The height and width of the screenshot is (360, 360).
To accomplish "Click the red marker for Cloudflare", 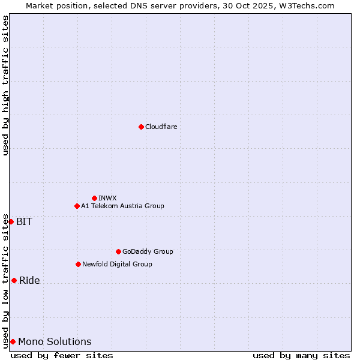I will tap(141, 127).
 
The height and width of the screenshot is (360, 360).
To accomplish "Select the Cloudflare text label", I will tap(161, 127).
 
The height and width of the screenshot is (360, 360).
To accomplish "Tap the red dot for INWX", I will tap(94, 198).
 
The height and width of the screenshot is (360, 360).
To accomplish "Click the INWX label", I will tap(108, 198).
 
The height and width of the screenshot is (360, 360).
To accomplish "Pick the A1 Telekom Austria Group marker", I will tap(77, 206).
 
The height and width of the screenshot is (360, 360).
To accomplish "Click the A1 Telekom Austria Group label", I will tap(122, 206).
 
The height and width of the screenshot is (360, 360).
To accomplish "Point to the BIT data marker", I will tap(11, 221).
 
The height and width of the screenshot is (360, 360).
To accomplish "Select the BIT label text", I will tap(25, 221).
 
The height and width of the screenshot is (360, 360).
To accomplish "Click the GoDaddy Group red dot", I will tap(118, 251).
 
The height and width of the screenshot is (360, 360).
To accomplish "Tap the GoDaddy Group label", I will tap(148, 251).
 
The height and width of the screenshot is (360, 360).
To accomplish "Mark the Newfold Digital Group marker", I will tap(78, 264).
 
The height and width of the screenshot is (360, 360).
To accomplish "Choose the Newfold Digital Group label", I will tap(117, 264).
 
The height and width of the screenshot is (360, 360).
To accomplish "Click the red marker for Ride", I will tap(14, 280).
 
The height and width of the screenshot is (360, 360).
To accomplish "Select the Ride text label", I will tap(29, 280).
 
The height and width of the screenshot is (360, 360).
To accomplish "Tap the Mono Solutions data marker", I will tap(13, 341).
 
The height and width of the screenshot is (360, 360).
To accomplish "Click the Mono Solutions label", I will tap(55, 341).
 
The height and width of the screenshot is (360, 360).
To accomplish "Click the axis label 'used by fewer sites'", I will tap(62, 355).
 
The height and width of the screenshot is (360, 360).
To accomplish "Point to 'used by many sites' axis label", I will tap(301, 355).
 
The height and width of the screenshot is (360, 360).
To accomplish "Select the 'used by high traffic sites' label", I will tap(5, 85).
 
